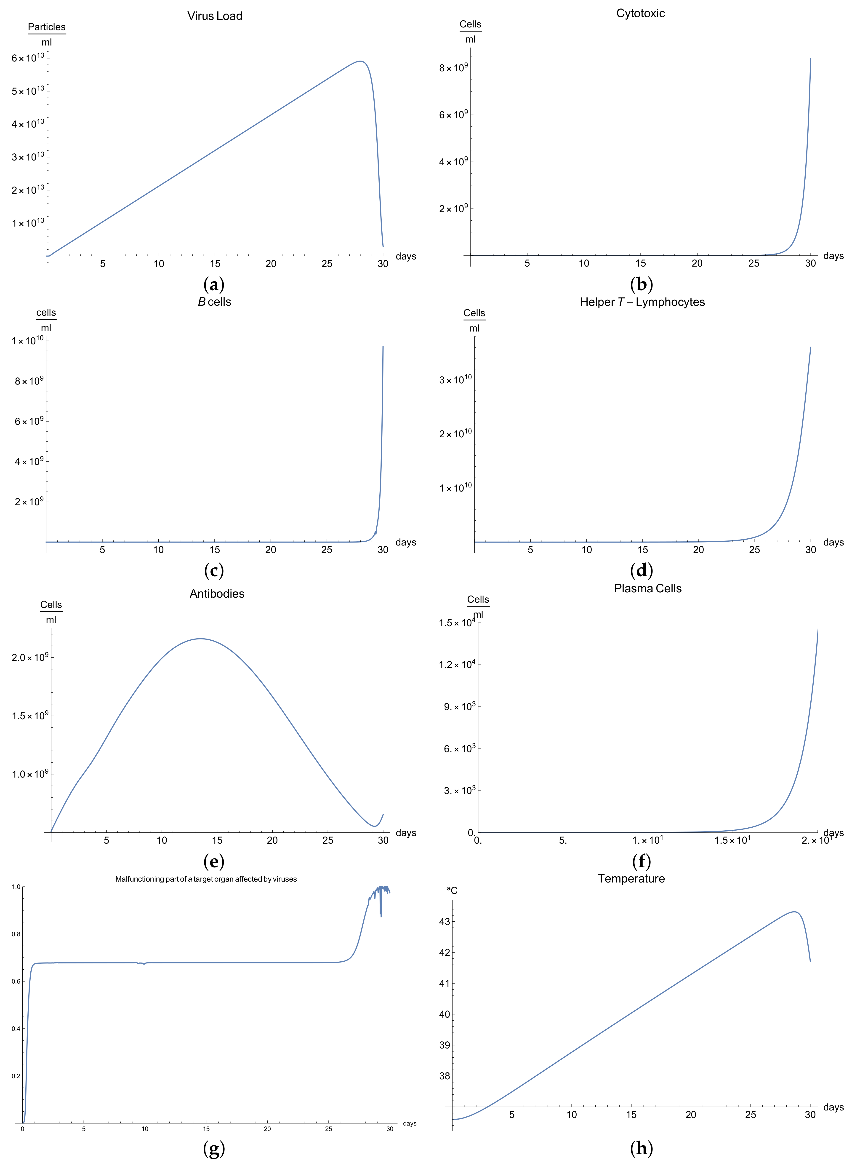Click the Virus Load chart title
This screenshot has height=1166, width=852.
[x=215, y=16]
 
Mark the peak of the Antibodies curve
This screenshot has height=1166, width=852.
[x=200, y=639]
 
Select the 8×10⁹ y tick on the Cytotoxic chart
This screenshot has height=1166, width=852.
[x=453, y=68]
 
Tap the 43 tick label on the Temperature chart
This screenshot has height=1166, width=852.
[x=444, y=921]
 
